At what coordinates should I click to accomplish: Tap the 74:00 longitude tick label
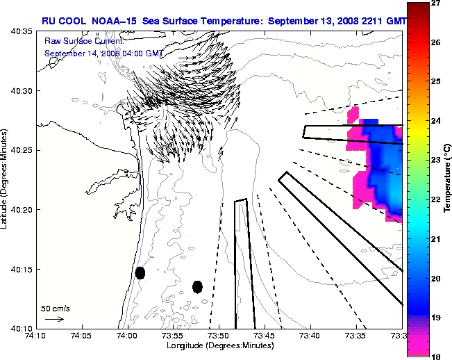point(127,336)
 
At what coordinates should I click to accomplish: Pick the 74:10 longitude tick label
point(36,336)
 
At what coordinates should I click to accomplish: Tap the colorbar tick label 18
point(435,356)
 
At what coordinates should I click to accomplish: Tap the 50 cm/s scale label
point(55,307)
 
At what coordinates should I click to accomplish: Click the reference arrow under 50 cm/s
point(54,319)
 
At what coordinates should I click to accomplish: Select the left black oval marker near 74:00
point(140,272)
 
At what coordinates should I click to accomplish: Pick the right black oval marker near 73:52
point(197,286)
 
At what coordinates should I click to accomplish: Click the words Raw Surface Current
point(76,42)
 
